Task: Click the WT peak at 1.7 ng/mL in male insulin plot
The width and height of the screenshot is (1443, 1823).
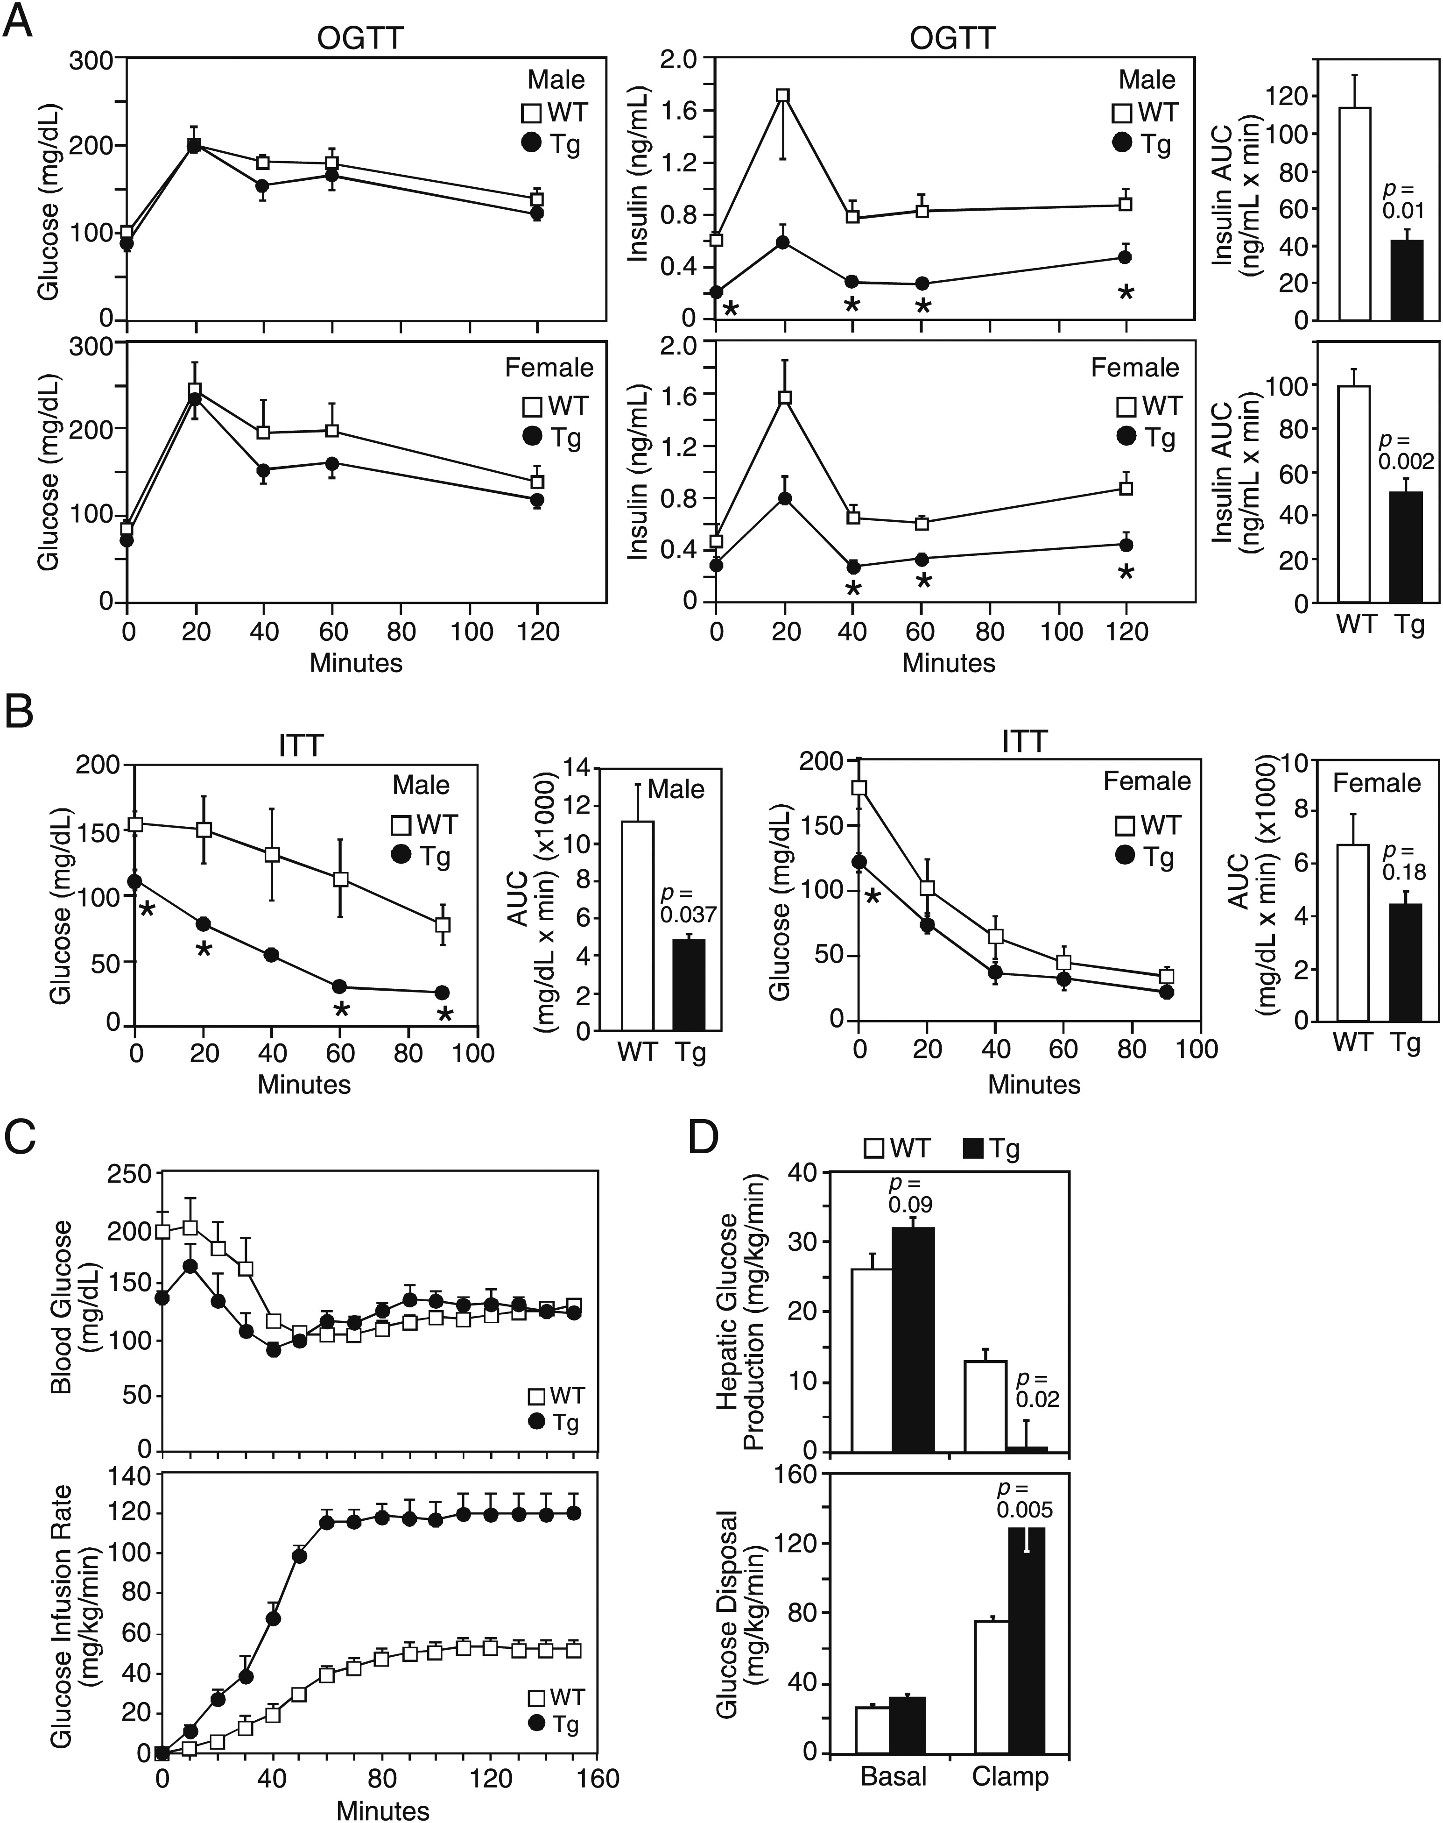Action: pos(783,95)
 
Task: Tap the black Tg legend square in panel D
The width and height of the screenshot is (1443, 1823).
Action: pos(975,1149)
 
